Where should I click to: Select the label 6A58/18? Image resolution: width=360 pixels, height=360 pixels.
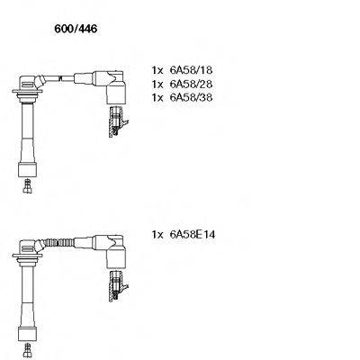click(x=192, y=69)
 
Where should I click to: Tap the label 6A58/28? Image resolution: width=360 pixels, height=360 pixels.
click(x=192, y=83)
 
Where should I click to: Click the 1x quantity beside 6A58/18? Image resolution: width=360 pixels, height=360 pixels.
click(x=157, y=69)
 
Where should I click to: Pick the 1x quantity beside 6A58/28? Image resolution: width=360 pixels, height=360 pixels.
click(x=157, y=83)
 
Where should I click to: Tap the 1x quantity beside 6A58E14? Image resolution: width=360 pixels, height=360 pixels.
click(x=157, y=234)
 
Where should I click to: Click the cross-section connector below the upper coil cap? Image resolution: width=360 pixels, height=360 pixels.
click(x=114, y=121)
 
